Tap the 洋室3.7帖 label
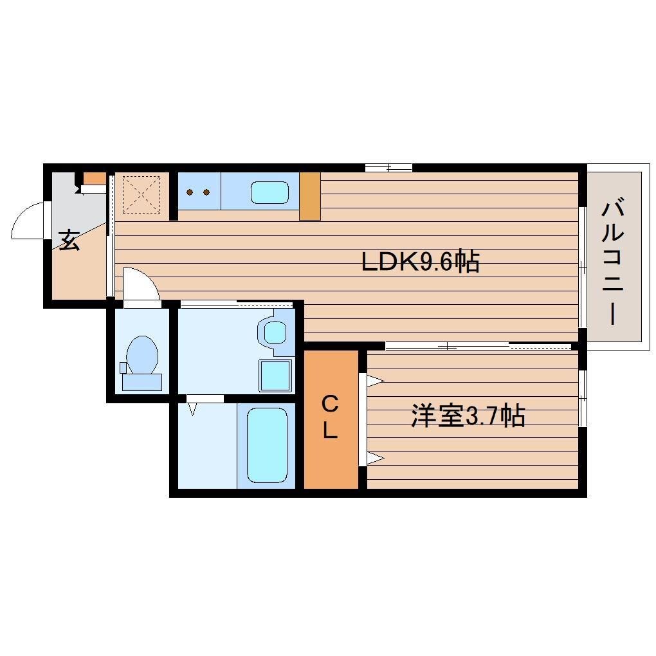point(468,416)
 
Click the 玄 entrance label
point(69,240)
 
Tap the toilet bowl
point(142,355)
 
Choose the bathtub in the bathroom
point(266,445)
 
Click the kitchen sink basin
point(269,192)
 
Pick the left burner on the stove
point(190,191)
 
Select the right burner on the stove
point(206,191)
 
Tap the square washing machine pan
point(275,375)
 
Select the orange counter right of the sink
point(310,196)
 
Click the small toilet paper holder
point(123,368)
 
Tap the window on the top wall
point(388,168)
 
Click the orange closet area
point(331,450)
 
